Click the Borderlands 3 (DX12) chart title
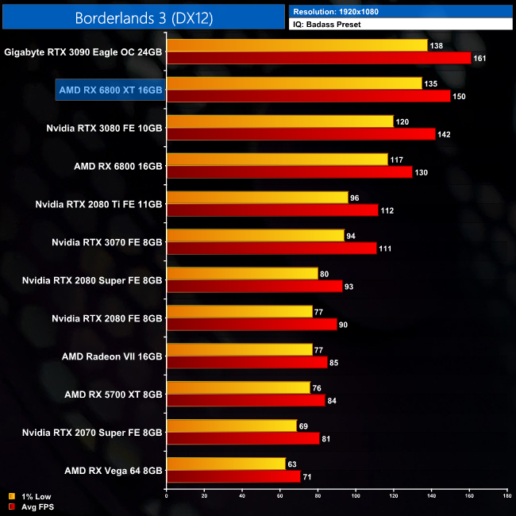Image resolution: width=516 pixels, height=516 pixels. click(x=142, y=17)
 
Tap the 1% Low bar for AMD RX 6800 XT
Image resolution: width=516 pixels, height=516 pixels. click(x=294, y=83)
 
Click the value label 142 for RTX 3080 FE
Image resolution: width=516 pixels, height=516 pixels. click(x=444, y=134)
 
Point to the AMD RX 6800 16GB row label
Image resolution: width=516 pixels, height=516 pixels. click(x=117, y=166)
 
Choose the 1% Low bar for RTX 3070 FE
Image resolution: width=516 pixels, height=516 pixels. click(x=255, y=236)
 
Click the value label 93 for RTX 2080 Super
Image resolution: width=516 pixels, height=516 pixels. click(x=350, y=287)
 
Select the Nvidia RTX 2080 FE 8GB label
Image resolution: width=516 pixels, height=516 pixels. click(x=107, y=318)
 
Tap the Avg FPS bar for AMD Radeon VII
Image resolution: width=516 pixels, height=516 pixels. click(x=246, y=363)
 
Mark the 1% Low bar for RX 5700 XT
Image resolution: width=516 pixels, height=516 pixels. click(x=238, y=387)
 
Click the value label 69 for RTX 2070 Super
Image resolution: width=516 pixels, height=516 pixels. click(x=303, y=426)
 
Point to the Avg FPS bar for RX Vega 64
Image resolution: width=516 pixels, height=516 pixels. click(x=233, y=476)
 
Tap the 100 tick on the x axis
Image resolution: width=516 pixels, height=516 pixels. click(x=356, y=496)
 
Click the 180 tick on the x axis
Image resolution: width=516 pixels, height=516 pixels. click(x=507, y=496)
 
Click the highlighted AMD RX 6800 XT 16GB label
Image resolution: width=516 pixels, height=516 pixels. click(x=110, y=90)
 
